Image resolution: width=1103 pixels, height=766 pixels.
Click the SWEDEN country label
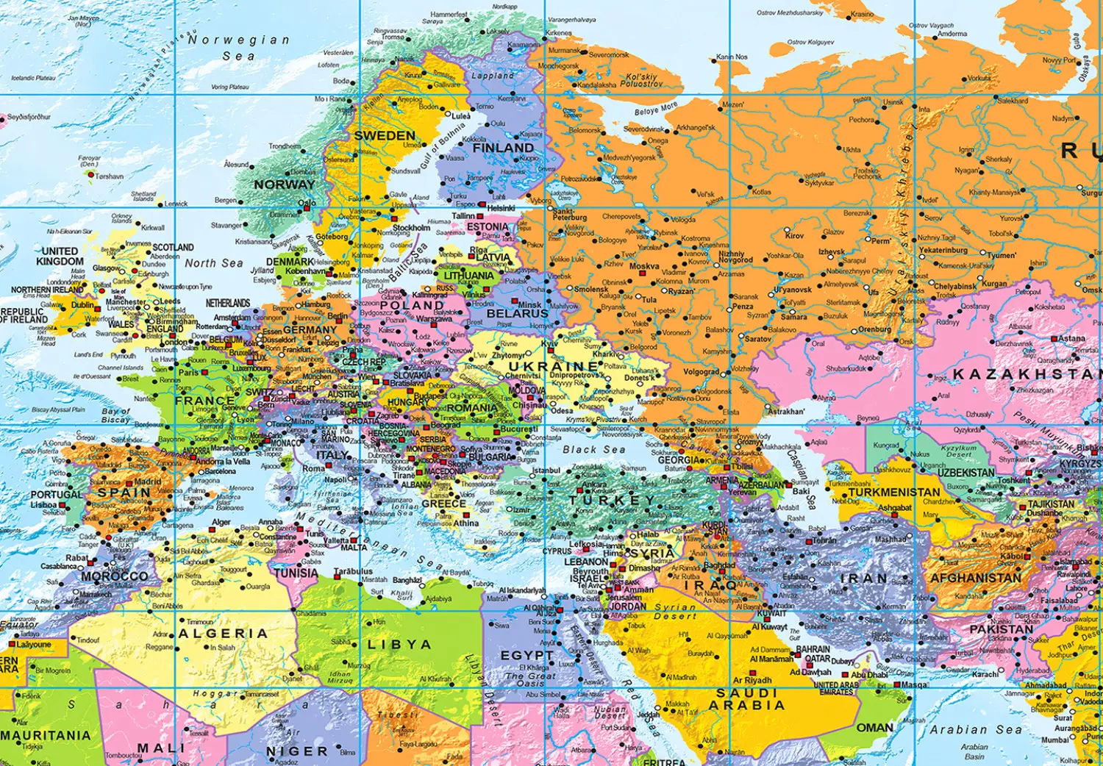[385, 136]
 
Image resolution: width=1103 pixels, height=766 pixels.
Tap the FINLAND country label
[503, 148]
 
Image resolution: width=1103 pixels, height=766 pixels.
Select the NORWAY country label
[284, 185]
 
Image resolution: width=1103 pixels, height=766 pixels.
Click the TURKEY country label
[612, 500]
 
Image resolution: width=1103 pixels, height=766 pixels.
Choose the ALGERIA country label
[223, 633]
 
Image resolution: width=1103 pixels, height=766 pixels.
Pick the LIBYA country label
[399, 644]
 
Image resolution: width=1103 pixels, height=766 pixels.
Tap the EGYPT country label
[526, 655]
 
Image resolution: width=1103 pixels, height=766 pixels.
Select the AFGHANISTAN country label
[976, 579]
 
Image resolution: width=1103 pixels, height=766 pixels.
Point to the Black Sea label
[593, 449]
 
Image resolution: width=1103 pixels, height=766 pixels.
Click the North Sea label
[213, 263]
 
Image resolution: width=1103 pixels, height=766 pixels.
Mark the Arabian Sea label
[976, 729]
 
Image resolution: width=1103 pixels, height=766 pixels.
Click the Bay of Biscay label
[116, 415]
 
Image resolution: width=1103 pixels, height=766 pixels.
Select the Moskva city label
[644, 266]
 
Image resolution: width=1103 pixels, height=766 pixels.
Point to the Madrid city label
[148, 482]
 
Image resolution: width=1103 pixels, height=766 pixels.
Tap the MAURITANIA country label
[46, 735]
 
